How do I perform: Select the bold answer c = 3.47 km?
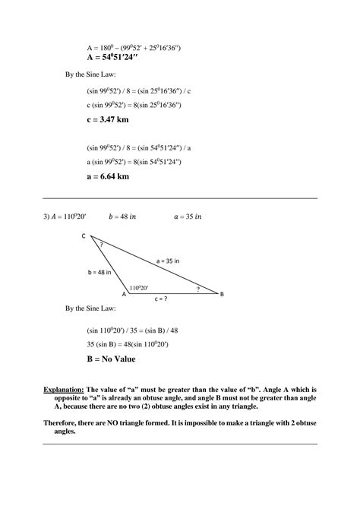[109, 119]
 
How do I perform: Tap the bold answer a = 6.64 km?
[109, 176]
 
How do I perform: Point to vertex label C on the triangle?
[84, 236]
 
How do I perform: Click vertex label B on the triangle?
[221, 294]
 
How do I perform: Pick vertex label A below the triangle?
[124, 294]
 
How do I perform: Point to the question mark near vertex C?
[101, 245]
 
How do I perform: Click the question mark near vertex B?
[197, 289]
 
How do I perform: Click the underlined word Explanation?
[63, 389]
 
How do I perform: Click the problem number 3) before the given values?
[46, 217]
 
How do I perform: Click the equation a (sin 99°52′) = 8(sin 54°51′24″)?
[134, 162]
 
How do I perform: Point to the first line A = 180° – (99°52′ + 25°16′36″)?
[134, 47]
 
